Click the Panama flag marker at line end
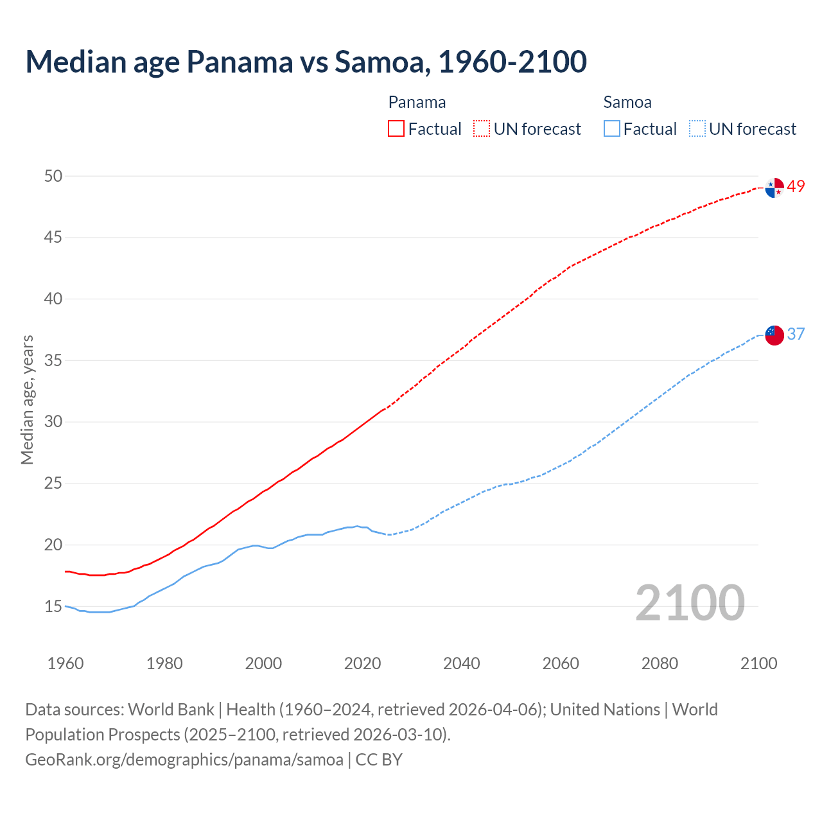pyautogui.click(x=774, y=188)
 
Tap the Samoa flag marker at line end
pyautogui.click(x=774, y=335)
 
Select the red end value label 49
pyautogui.click(x=796, y=187)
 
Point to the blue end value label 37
pyautogui.click(x=796, y=334)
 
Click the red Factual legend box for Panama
pyautogui.click(x=396, y=129)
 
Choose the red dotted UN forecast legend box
pyautogui.click(x=482, y=129)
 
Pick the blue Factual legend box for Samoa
pyautogui.click(x=611, y=129)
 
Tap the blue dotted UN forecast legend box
pyautogui.click(x=697, y=129)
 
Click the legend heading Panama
pyautogui.click(x=417, y=102)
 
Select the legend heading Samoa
pyautogui.click(x=627, y=102)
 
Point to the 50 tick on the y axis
pyautogui.click(x=53, y=176)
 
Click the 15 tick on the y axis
pyautogui.click(x=53, y=606)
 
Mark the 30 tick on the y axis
pyautogui.click(x=53, y=422)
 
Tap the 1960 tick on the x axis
pyautogui.click(x=66, y=663)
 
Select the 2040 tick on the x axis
pyautogui.click(x=462, y=663)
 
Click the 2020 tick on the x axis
pyautogui.click(x=362, y=663)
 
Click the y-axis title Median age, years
pyautogui.click(x=27, y=399)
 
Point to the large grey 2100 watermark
pyautogui.click(x=690, y=603)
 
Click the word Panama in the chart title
pyautogui.click(x=239, y=62)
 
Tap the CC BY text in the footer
pyautogui.click(x=379, y=760)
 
